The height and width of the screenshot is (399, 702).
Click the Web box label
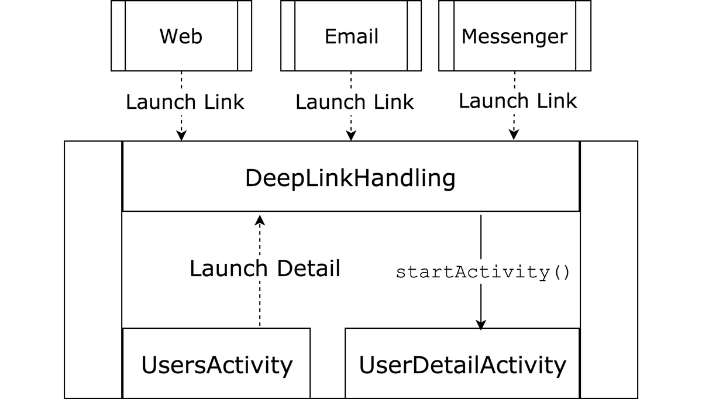pyautogui.click(x=181, y=36)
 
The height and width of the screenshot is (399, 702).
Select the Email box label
pyautogui.click(x=351, y=36)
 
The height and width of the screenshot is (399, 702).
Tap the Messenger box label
pyautogui.click(x=514, y=36)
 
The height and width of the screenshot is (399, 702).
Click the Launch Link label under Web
pyautogui.click(x=185, y=102)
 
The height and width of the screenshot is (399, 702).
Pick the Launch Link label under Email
pyautogui.click(x=355, y=102)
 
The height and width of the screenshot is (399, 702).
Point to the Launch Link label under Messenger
pyautogui.click(x=518, y=101)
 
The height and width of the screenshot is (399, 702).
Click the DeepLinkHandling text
pyautogui.click(x=350, y=178)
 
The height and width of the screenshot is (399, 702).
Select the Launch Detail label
pyautogui.click(x=264, y=269)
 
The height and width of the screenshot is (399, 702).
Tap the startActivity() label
pyautogui.click(x=483, y=272)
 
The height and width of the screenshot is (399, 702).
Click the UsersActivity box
pyautogui.click(x=216, y=364)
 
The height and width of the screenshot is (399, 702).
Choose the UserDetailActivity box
pyautogui.click(x=462, y=364)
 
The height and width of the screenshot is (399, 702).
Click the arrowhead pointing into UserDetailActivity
pyautogui.click(x=481, y=324)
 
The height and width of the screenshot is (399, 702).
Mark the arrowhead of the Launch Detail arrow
pyautogui.click(x=260, y=220)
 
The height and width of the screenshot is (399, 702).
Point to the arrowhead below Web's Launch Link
pyautogui.click(x=181, y=136)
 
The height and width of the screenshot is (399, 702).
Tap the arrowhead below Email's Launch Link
pyautogui.click(x=351, y=136)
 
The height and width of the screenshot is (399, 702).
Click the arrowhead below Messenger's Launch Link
pyautogui.click(x=514, y=135)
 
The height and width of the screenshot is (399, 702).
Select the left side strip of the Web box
pyautogui.click(x=118, y=36)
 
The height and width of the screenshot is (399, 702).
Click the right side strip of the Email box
pyautogui.click(x=414, y=36)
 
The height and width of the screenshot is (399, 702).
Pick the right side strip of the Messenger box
pyautogui.click(x=583, y=36)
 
